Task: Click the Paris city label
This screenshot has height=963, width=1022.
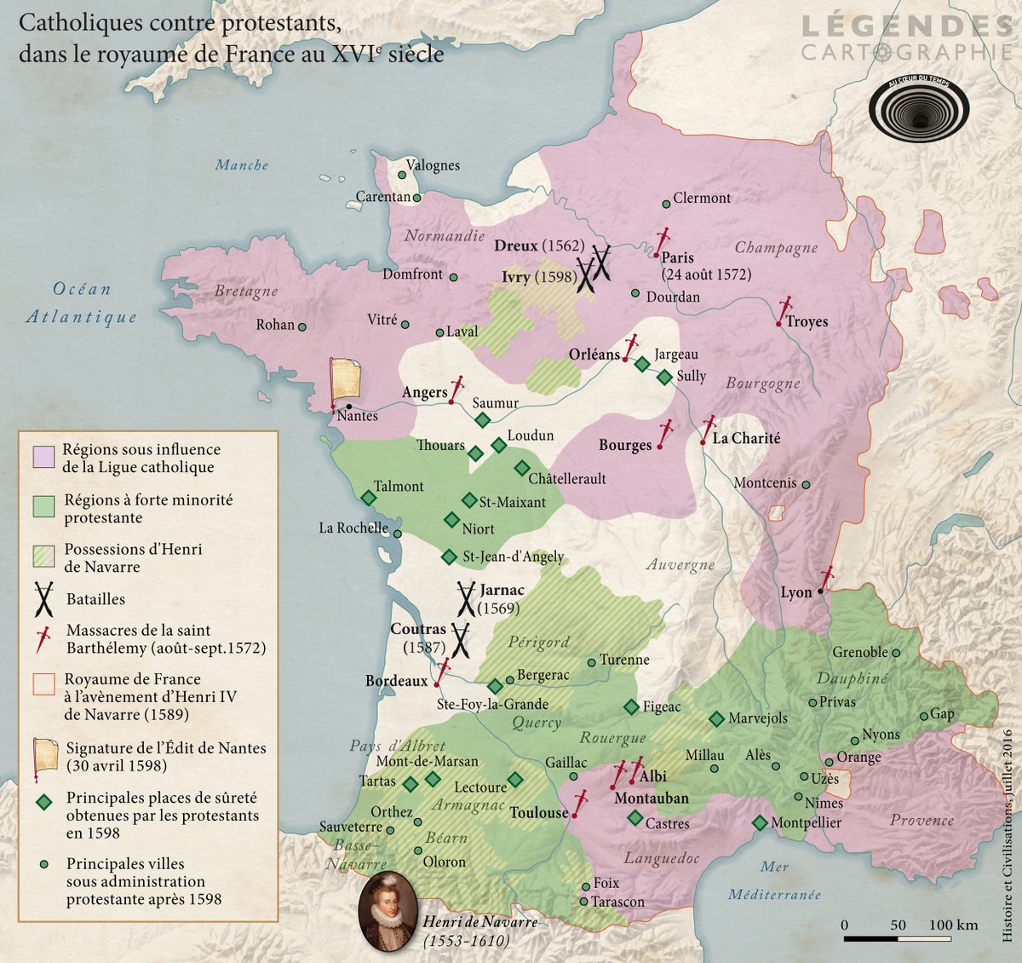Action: point(677,257)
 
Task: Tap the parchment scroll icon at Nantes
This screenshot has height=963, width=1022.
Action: point(345,378)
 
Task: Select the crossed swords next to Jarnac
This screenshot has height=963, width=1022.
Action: point(466,598)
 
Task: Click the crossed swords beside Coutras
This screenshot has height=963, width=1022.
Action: point(461,639)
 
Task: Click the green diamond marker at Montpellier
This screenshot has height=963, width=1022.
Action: point(760,823)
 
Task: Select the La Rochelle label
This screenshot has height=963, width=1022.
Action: point(353,528)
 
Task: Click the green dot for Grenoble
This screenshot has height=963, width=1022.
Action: point(896,654)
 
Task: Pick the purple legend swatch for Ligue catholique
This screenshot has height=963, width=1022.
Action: point(44,457)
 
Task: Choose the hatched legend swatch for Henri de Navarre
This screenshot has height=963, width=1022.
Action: point(44,556)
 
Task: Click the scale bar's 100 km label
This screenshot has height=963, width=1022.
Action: point(953,925)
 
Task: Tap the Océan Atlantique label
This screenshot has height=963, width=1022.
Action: point(82,303)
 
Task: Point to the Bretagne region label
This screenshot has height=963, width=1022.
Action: point(246,291)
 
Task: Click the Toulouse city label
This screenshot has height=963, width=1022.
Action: point(538,813)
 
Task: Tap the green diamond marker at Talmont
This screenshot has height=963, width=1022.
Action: point(369,498)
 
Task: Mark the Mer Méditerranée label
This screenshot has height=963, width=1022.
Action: point(774,880)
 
